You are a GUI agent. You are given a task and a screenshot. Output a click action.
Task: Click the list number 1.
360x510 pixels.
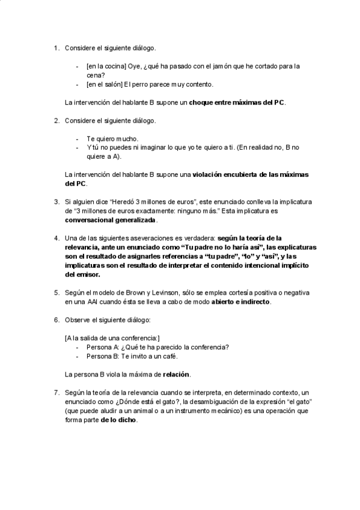pyautogui.click(x=56, y=48)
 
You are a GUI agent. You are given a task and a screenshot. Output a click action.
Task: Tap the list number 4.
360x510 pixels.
pyautogui.click(x=56, y=238)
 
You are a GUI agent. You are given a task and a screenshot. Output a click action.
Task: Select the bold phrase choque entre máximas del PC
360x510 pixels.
pyautogui.click(x=237, y=102)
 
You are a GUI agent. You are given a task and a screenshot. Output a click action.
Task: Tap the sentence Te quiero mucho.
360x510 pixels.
pyautogui.click(x=112, y=138)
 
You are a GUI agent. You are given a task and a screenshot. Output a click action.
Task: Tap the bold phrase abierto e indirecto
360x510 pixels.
pyautogui.click(x=240, y=301)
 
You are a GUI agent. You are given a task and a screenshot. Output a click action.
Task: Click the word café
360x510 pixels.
pyautogui.click(x=171, y=356)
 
